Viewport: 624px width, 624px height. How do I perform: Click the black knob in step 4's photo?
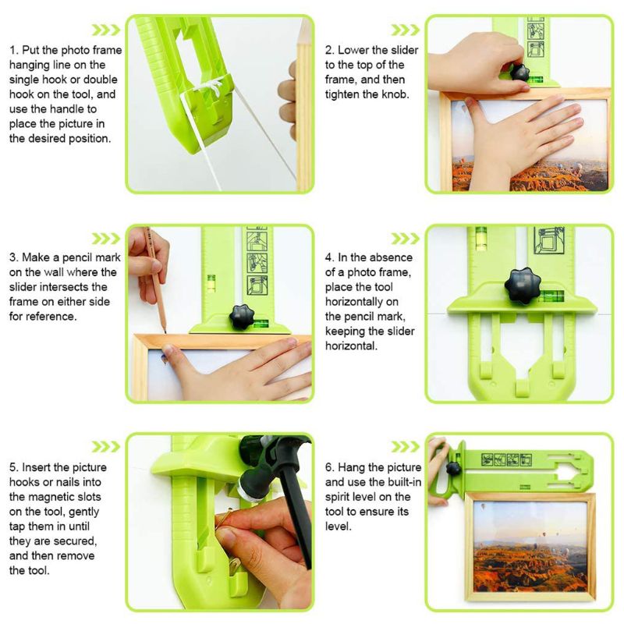tap(519, 286)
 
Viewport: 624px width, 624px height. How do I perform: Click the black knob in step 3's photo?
tap(240, 317)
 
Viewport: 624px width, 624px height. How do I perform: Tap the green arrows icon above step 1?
tap(105, 30)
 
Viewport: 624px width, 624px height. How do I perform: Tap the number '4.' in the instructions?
tap(331, 257)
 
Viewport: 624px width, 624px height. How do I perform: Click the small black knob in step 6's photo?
tap(452, 469)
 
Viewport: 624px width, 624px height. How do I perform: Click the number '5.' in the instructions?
tap(15, 467)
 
